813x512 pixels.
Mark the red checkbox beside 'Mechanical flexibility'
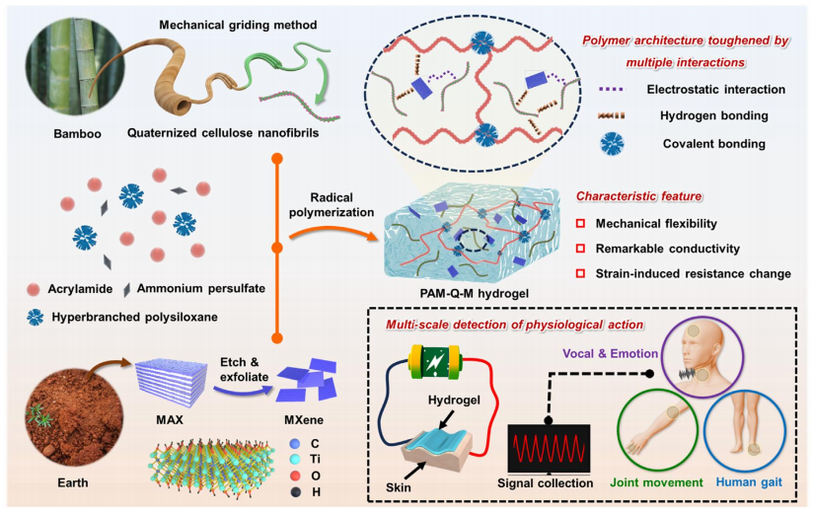tap(583, 224)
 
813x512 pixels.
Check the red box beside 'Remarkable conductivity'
tap(583, 249)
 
